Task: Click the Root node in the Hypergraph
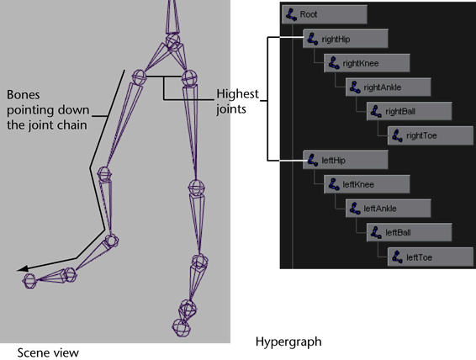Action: (325, 14)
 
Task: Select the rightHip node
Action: (346, 39)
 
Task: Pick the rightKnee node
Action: (367, 63)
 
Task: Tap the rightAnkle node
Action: (388, 87)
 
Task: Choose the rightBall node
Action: (409, 111)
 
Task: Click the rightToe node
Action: (430, 135)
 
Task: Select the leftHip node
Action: (346, 160)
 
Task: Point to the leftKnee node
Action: (367, 184)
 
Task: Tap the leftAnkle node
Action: (388, 209)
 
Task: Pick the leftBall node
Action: (409, 232)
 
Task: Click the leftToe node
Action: (430, 257)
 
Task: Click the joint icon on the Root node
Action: (291, 14)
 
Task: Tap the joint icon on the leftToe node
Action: (397, 257)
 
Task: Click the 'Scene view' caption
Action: (48, 353)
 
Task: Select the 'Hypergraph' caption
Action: (288, 341)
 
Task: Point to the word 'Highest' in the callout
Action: (237, 94)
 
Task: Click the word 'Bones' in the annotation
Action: (23, 95)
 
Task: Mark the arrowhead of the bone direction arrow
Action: (23, 268)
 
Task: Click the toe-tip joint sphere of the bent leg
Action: (29, 281)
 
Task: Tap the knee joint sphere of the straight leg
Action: (197, 188)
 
